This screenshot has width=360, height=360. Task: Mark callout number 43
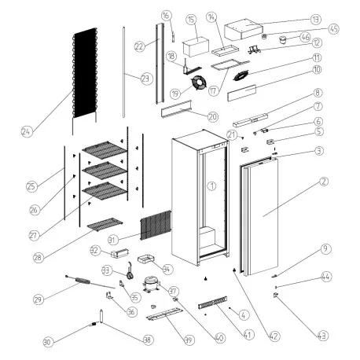pyautogui.click(x=321, y=336)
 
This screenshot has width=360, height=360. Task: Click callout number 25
pyautogui.click(x=31, y=186)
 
